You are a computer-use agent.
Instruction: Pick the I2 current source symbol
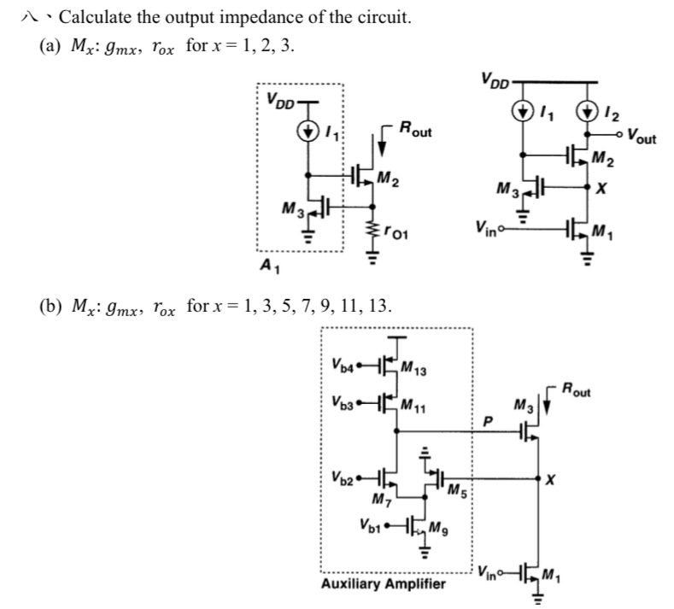click(x=589, y=110)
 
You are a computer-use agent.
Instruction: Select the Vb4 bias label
click(x=340, y=371)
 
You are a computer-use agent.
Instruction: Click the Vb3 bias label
click(x=340, y=401)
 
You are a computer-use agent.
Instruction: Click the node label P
click(x=489, y=420)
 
